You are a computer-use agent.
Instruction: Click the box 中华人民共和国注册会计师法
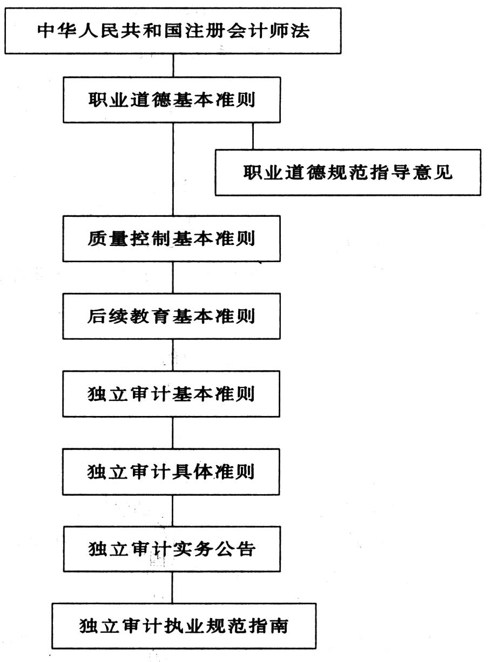click(173, 31)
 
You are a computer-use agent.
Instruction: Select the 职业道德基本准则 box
click(172, 100)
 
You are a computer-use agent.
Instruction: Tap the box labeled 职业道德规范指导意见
click(348, 173)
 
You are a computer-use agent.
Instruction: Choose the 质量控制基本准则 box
click(171, 238)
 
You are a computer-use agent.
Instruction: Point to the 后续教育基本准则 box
click(171, 316)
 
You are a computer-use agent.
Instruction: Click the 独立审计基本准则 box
click(171, 394)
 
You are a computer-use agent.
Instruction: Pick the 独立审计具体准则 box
click(171, 472)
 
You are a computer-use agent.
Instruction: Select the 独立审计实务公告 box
click(172, 549)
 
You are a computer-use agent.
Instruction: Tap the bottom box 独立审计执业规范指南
click(184, 626)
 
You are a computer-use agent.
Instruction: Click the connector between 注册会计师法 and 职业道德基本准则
click(173, 66)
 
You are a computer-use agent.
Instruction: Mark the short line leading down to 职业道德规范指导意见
click(253, 136)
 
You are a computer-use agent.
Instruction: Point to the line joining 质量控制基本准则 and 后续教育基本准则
click(173, 277)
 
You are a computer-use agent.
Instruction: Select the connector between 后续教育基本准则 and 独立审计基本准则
click(173, 355)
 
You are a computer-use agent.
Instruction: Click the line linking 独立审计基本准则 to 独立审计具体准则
click(172, 433)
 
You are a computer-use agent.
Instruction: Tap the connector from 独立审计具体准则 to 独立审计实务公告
click(172, 511)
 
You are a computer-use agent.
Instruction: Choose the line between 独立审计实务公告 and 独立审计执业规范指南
click(172, 588)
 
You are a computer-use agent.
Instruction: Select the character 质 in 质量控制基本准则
click(97, 238)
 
